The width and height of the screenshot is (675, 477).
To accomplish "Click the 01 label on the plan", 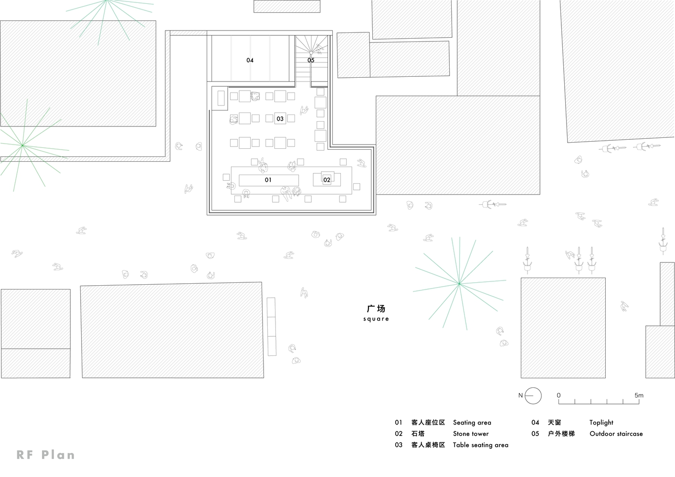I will point(268,180).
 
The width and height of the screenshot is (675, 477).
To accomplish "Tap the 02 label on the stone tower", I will point(327,180).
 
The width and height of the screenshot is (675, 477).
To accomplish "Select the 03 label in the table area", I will point(280,119).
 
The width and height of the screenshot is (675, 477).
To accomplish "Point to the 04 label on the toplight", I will point(250,60).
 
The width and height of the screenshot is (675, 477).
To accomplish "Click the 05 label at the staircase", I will point(311,60).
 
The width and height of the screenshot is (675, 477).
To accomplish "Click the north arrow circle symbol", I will point(534,395).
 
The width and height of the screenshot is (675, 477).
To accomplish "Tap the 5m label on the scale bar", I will point(639,395).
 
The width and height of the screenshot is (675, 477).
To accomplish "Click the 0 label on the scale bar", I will point(559,395).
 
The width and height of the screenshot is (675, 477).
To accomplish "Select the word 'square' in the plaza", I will point(376,319).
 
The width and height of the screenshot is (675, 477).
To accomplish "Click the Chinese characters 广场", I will point(376,309).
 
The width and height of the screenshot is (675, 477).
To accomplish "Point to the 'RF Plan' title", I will point(46,455).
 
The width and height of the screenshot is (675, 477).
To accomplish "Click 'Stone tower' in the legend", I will point(471,434).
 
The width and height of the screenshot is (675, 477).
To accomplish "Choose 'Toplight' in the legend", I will point(601,423).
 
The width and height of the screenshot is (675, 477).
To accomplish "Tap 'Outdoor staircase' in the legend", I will point(616,434).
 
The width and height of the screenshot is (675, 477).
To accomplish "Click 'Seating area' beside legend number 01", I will point(472,423).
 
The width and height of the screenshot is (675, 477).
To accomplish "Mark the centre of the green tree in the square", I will point(459,284).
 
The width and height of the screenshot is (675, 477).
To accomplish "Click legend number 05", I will point(535,434).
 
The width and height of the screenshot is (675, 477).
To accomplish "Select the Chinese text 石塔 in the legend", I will point(418,434).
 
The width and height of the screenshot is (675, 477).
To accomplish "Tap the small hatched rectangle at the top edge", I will point(286,6).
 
